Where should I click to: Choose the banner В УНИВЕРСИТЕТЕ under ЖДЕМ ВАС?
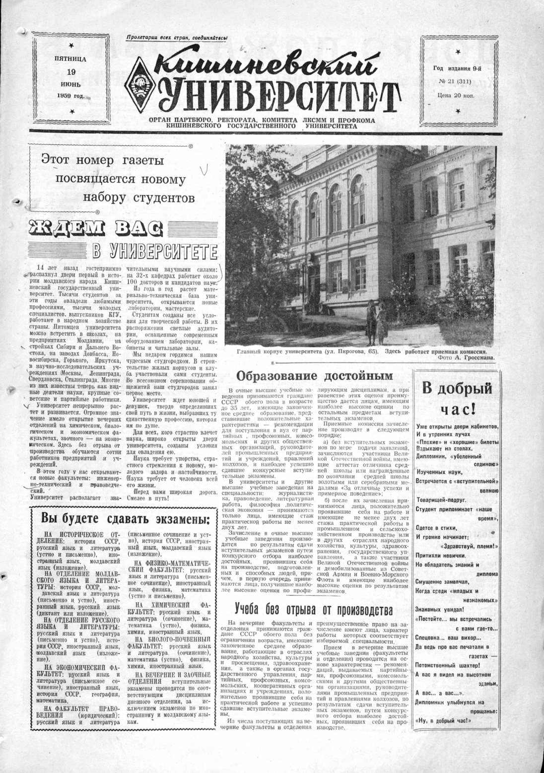[155, 249]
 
